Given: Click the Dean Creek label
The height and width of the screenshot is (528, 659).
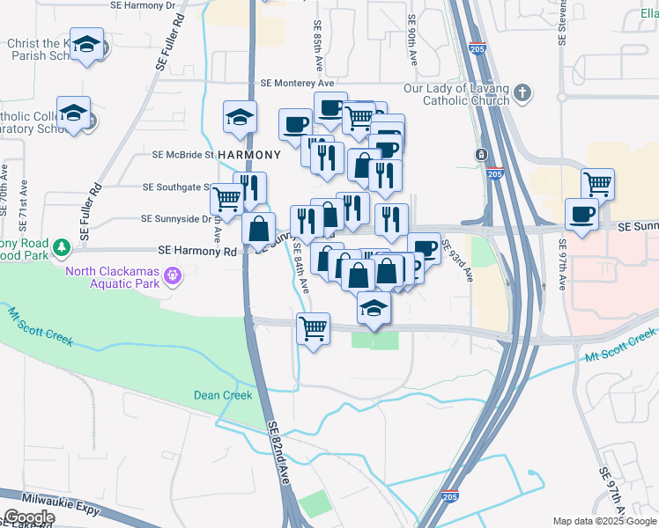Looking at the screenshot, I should pos(223,395).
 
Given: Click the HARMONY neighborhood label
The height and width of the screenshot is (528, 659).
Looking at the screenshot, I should pos(248,155).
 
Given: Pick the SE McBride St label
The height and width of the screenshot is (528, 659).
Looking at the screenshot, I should pos(183,154).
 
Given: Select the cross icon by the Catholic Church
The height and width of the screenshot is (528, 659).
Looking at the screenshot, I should pos(522,92).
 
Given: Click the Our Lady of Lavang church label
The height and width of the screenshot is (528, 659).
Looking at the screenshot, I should pos(456,94).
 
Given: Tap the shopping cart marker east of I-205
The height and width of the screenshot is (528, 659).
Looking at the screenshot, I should pos(598,183).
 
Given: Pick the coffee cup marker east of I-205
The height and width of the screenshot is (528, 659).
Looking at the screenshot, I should pos(582,215).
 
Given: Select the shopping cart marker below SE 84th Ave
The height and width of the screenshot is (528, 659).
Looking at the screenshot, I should pos(314,329).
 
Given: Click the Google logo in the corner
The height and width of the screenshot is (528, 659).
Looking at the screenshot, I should pos(29,517).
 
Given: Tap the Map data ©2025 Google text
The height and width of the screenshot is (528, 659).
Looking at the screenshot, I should pos(603,521).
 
